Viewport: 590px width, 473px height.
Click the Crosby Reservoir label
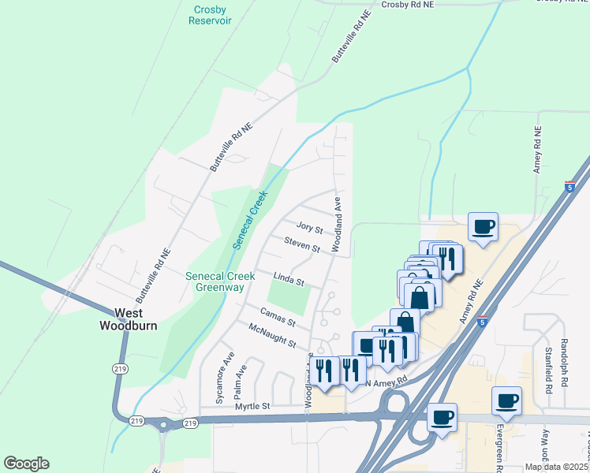click(210, 15)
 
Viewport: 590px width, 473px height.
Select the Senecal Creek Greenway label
click(215, 281)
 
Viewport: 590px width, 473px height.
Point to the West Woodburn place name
click(128, 318)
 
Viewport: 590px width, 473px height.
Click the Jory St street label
click(309, 229)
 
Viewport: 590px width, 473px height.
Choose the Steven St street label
click(302, 246)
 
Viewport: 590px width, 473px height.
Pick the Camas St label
click(277, 318)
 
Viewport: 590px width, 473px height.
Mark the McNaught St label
click(271, 337)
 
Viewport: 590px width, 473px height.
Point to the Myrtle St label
click(252, 406)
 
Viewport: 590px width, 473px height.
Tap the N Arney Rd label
click(386, 381)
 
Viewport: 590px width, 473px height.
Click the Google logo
click(26, 464)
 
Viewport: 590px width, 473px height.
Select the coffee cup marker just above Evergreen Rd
click(506, 400)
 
